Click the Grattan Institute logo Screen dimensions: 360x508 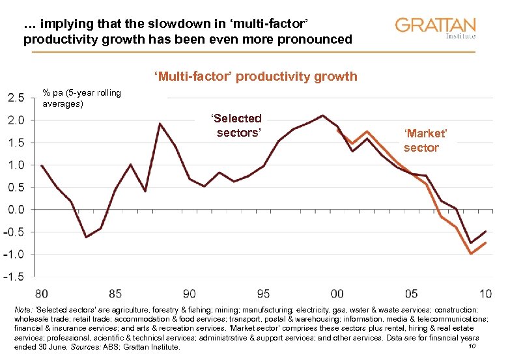[435, 28]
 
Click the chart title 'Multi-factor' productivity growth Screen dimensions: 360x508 [255, 77]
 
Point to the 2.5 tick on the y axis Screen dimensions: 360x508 [16, 98]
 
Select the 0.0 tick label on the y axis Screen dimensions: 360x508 [16, 210]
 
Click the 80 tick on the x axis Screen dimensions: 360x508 [42, 292]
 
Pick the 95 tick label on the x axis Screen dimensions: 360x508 [263, 292]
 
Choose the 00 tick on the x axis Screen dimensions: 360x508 [337, 292]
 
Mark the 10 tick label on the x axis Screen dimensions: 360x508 [485, 292]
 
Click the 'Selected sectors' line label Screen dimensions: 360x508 [236, 126]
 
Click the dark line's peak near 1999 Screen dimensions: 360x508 [322, 116]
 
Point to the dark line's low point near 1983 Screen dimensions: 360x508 [86, 237]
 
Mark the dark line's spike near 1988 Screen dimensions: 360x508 [160, 124]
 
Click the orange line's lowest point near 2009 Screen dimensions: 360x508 [470, 253]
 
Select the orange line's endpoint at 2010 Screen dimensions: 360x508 [485, 243]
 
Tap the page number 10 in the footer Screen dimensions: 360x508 [472, 346]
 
